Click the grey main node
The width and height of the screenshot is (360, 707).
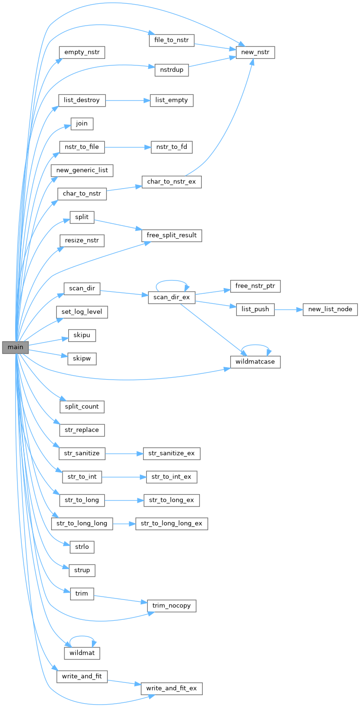click(x=15, y=347)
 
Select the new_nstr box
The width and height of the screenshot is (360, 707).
click(x=255, y=52)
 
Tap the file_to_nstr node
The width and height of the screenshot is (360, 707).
click(x=171, y=40)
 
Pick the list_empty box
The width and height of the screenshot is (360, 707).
click(x=171, y=100)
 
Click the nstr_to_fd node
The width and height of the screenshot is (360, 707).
click(x=171, y=147)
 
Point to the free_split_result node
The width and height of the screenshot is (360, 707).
click(x=171, y=235)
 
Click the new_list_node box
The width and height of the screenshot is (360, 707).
click(x=330, y=309)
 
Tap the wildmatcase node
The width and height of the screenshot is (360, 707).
click(x=255, y=362)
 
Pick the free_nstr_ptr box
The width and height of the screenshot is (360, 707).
click(x=255, y=286)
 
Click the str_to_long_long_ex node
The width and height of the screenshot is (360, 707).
click(x=171, y=524)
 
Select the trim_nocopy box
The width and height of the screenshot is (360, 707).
click(x=171, y=606)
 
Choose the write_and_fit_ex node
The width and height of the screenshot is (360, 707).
click(x=171, y=689)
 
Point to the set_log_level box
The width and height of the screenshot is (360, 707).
click(x=82, y=312)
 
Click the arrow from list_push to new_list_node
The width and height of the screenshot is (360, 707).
click(x=288, y=309)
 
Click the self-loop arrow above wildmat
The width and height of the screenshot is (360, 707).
click(x=82, y=637)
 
